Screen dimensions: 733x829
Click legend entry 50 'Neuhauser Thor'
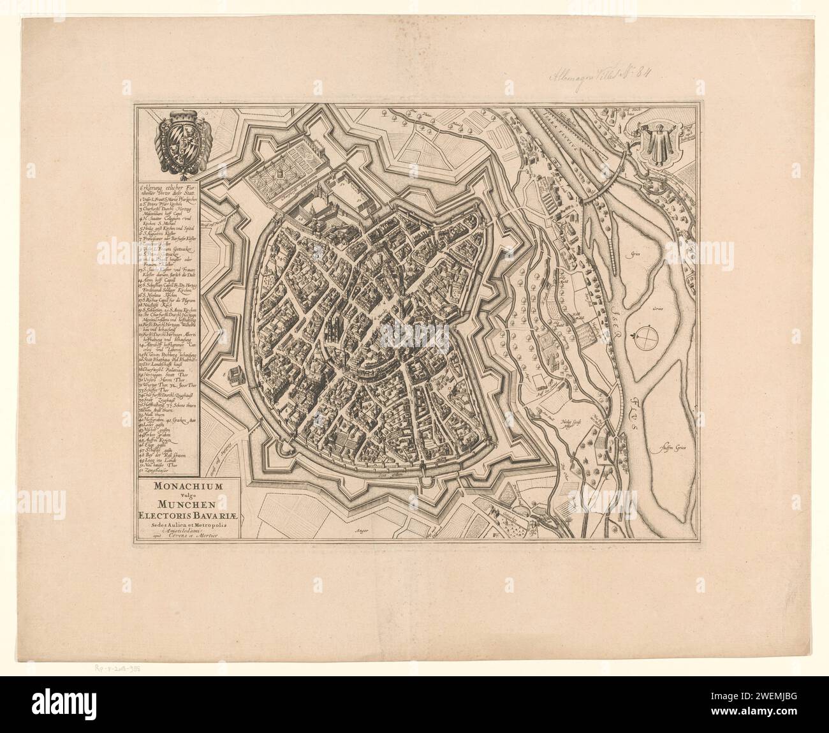click(x=163, y=464)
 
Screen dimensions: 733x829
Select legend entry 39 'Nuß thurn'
click(x=156, y=413)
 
